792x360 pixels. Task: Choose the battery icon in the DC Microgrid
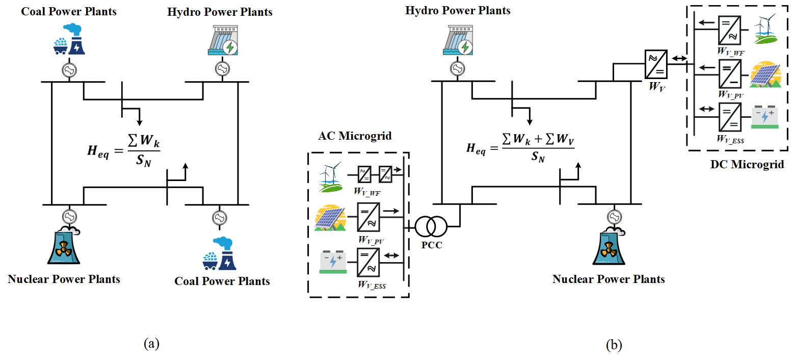(x=765, y=116)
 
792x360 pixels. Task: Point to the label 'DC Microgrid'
(x=747, y=165)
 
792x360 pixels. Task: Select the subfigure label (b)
(x=614, y=345)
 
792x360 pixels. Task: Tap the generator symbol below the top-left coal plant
(x=68, y=70)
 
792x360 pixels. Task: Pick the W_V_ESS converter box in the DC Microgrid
(x=729, y=117)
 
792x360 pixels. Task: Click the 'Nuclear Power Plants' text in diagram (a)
(x=64, y=279)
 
